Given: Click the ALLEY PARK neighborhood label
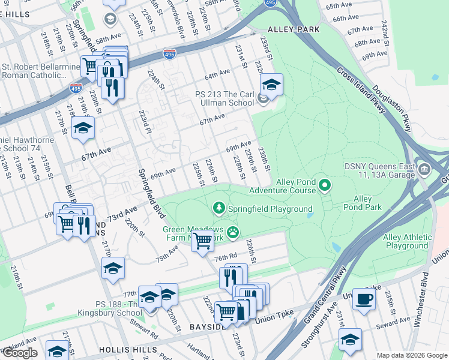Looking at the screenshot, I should pyautogui.click(x=294, y=29).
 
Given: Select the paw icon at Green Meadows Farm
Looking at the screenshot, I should pyautogui.click(x=232, y=232).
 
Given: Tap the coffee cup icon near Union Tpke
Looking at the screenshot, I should pyautogui.click(x=364, y=299).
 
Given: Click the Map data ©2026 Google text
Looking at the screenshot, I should pyautogui.click(x=411, y=355).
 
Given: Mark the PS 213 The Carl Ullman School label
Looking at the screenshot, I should pyautogui.click(x=224, y=98).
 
